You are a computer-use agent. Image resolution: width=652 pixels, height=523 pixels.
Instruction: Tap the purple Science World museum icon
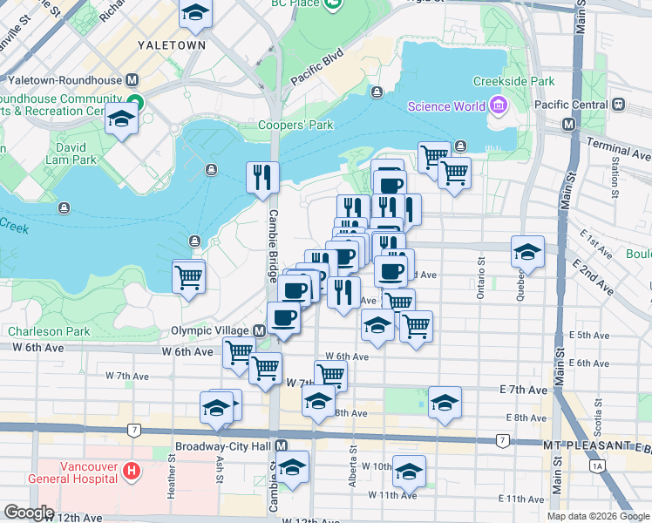(x=498, y=107)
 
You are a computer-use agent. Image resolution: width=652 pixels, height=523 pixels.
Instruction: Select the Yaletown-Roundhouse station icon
(x=132, y=79)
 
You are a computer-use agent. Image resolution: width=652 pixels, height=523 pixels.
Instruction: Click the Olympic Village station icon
(x=259, y=331)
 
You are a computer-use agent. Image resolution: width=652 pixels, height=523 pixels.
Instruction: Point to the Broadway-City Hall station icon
(x=281, y=445)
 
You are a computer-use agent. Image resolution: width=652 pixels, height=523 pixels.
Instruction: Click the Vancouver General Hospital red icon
(x=131, y=472)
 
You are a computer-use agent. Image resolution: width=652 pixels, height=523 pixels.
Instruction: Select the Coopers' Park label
(x=295, y=125)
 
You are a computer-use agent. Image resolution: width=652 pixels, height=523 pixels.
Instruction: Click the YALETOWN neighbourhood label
(x=172, y=44)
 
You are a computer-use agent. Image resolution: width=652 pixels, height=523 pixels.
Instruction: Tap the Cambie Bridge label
(x=273, y=241)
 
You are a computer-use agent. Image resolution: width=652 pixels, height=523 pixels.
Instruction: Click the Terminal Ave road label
(x=619, y=148)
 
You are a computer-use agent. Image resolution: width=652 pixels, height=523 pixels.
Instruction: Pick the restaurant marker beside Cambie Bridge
(x=262, y=178)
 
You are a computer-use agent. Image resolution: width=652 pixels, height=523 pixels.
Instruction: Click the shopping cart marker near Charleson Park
(x=188, y=278)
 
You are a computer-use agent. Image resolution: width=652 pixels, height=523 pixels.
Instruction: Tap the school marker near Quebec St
(x=527, y=252)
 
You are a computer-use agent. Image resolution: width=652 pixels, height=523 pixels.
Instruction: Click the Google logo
(x=29, y=513)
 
